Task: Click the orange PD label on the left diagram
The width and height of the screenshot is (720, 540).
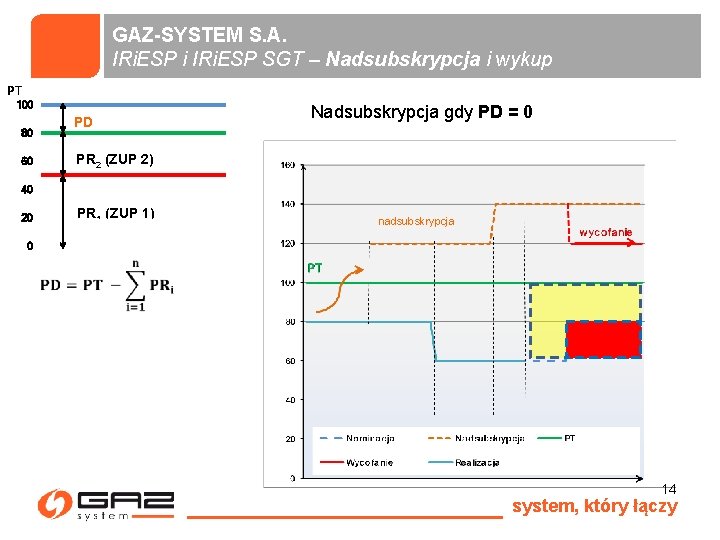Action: pyautogui.click(x=84, y=122)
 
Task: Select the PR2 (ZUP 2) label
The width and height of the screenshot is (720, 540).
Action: pyautogui.click(x=115, y=160)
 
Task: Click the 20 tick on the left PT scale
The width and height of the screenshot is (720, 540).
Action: pyautogui.click(x=27, y=218)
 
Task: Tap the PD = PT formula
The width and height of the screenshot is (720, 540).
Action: pyautogui.click(x=108, y=284)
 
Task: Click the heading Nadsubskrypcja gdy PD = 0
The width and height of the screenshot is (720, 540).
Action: pyautogui.click(x=421, y=112)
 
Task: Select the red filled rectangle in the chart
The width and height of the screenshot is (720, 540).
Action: pyautogui.click(x=602, y=339)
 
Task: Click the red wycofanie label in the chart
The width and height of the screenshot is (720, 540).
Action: pyautogui.click(x=605, y=233)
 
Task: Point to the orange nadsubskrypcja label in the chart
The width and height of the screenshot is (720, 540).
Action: pyautogui.click(x=416, y=220)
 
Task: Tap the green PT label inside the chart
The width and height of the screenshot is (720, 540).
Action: pyautogui.click(x=315, y=268)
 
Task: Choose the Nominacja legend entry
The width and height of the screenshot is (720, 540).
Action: pyautogui.click(x=371, y=438)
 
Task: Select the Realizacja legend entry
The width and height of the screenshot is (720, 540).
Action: pyautogui.click(x=477, y=462)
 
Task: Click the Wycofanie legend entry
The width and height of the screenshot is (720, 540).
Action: pyautogui.click(x=369, y=462)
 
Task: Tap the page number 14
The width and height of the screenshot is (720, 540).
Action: pyautogui.click(x=669, y=489)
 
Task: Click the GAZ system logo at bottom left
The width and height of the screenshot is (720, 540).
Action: pyautogui.click(x=105, y=505)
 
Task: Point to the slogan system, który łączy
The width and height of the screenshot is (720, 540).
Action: pyautogui.click(x=594, y=506)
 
